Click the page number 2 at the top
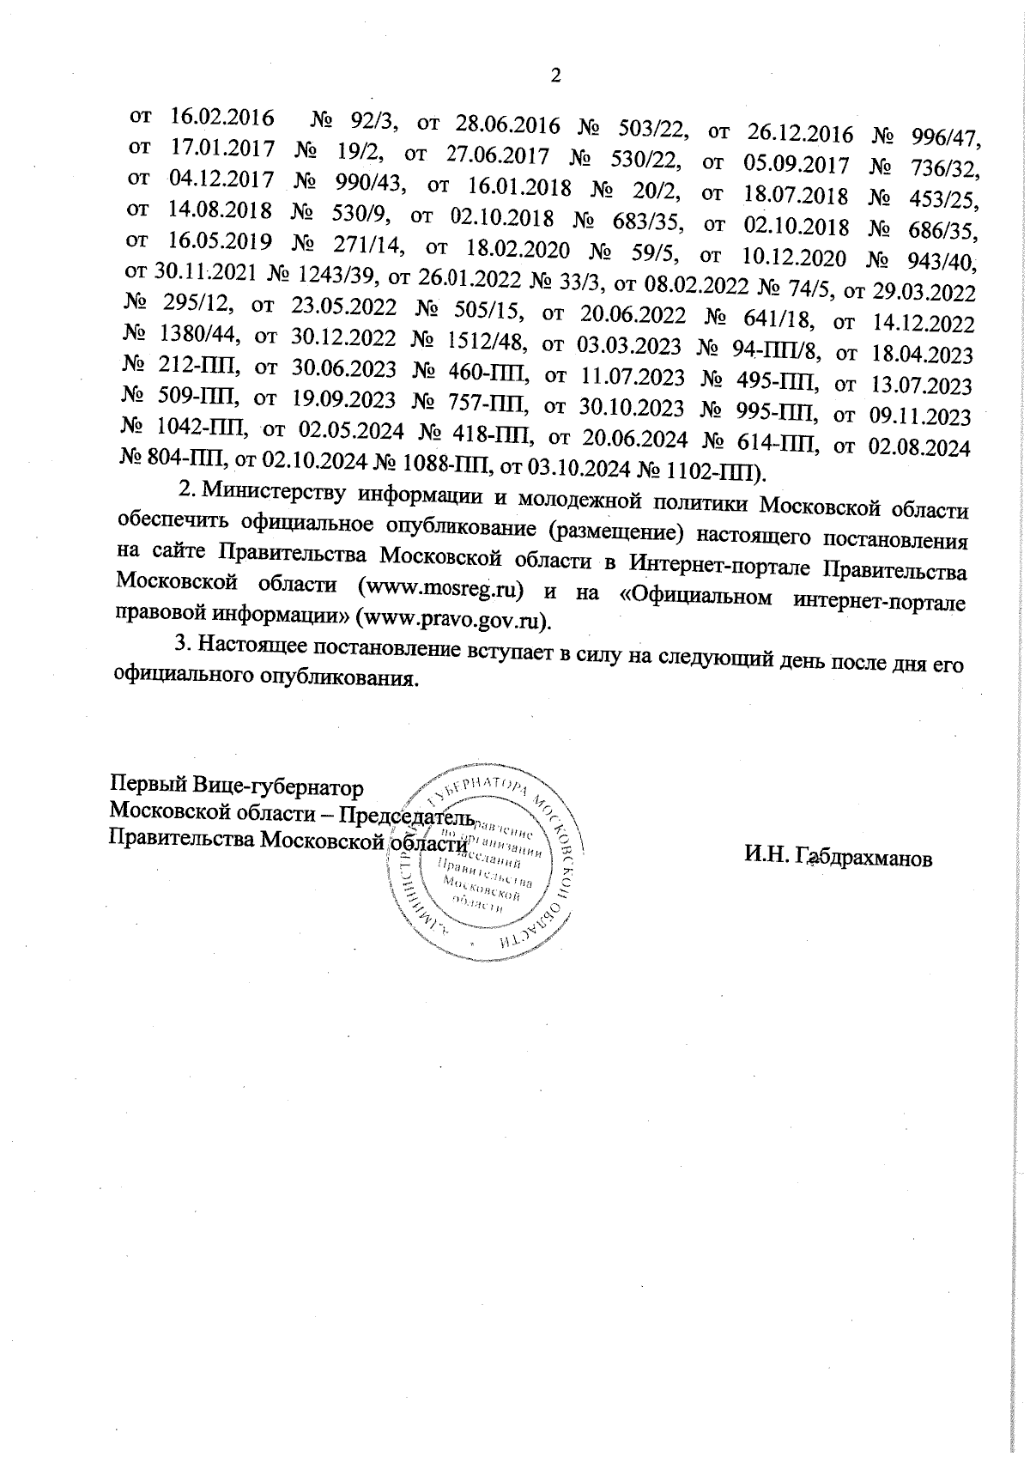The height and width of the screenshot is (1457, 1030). coord(554,76)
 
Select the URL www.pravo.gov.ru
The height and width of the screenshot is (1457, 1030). coord(456,618)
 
